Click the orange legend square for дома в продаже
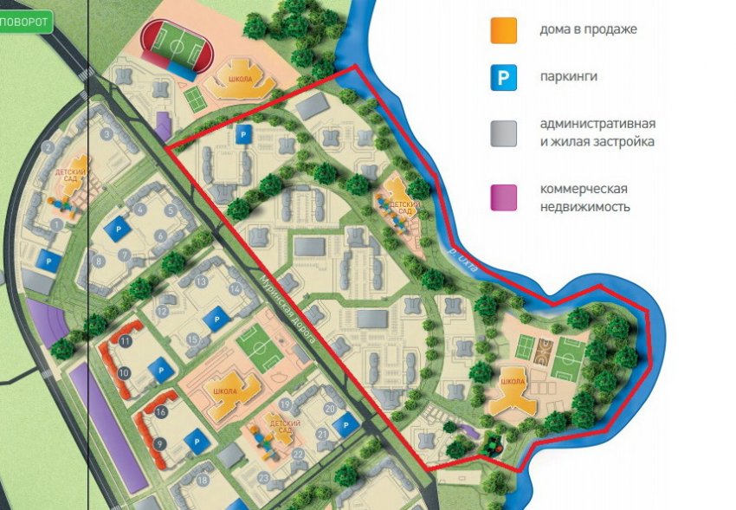point(503,30)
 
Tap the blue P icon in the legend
point(503,78)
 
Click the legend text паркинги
point(568,77)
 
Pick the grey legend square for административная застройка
point(503,133)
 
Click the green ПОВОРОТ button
point(25,23)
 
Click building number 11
point(126,342)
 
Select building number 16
point(160,413)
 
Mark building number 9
point(158,444)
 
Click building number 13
point(201,282)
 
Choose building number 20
point(329,408)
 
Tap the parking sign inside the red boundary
point(244,134)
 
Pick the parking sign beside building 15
point(212,320)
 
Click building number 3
point(107,134)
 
